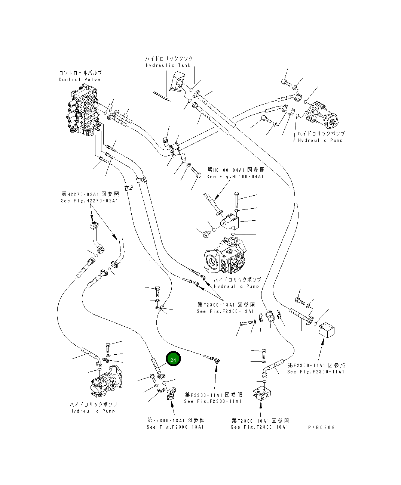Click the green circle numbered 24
(x=173, y=360)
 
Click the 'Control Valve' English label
(x=80, y=80)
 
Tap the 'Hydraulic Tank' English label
(x=168, y=65)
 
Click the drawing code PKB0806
(x=321, y=427)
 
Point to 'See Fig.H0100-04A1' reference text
(x=235, y=177)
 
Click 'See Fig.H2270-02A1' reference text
(x=89, y=201)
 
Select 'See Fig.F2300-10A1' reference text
(x=260, y=427)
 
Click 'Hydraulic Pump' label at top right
(x=320, y=140)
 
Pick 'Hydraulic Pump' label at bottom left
(x=93, y=411)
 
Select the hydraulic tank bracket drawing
(x=178, y=83)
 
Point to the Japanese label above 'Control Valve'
(x=80, y=73)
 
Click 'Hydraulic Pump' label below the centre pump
(x=236, y=286)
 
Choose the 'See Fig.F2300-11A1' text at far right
(x=316, y=371)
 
